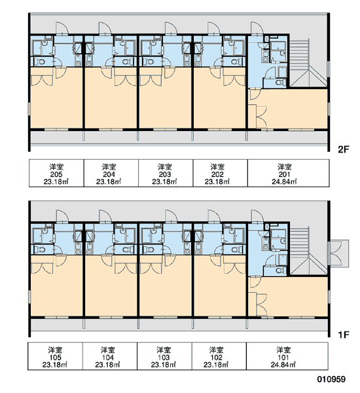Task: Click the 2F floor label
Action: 343,149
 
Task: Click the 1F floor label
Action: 343,334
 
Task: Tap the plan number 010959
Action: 331,379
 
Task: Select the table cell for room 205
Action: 56,173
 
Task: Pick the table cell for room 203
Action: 166,173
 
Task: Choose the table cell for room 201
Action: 289,173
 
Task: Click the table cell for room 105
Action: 55,356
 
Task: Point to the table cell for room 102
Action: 219,356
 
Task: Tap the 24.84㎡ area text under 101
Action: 283,364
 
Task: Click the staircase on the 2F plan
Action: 308,63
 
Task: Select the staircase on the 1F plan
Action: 308,251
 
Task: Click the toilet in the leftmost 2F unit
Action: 40,62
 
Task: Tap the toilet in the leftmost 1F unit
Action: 40,250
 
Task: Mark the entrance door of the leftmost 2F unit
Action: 62,28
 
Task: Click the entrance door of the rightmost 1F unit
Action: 257,216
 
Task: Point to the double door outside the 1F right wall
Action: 338,253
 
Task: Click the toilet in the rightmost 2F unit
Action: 280,83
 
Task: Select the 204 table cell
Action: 111,173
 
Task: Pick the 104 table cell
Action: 110,356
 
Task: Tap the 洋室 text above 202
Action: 217,166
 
